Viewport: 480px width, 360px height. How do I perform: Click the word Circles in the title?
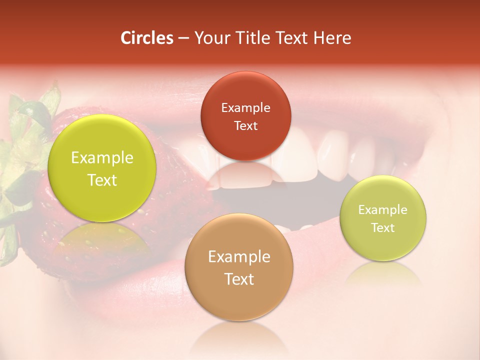pos(146,38)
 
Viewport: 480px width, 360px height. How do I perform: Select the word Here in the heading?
pos(332,38)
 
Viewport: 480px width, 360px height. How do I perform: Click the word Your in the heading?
pos(210,38)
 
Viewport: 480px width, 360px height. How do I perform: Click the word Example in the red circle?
pos(245,107)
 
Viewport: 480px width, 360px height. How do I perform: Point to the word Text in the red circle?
pos(245,125)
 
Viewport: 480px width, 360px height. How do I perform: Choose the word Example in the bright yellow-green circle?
pos(102,158)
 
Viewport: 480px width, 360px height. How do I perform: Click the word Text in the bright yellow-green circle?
pos(102,180)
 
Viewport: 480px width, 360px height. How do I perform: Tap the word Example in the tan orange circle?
pos(239,256)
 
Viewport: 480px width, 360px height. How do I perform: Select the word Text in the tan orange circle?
pos(239,279)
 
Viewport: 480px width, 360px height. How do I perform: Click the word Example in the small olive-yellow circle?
pos(383,209)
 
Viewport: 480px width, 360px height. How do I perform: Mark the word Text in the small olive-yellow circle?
pos(383,227)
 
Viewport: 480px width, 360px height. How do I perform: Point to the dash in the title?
pos(183,38)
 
